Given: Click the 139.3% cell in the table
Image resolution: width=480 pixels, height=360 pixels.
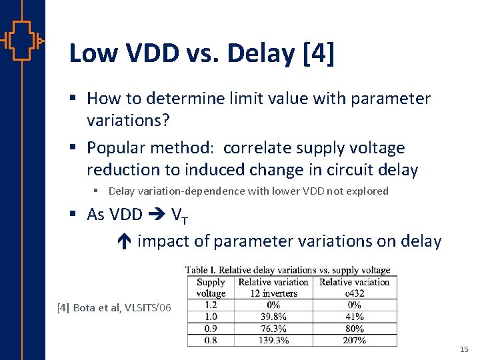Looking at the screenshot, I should [273, 340].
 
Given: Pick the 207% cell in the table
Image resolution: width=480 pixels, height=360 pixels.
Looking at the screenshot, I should [354, 340].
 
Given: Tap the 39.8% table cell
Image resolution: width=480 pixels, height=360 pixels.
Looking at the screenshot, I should [273, 317].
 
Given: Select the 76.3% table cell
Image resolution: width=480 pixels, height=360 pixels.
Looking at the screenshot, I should [273, 328].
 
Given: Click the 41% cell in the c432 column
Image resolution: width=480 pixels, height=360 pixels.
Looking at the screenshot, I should [354, 317].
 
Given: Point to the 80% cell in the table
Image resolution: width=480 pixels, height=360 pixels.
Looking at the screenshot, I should [354, 328].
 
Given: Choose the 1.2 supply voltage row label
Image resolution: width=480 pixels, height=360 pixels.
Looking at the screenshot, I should [211, 305].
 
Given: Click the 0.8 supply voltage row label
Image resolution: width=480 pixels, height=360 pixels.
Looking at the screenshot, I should [211, 340].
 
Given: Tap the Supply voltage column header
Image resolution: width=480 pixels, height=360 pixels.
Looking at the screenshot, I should [211, 287].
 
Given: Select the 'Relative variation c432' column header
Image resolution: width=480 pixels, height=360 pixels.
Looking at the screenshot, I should [354, 287].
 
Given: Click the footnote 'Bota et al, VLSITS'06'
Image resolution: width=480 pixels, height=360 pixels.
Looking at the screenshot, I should [114, 307].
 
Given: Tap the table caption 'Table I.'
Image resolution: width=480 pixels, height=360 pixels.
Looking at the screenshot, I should [201, 270].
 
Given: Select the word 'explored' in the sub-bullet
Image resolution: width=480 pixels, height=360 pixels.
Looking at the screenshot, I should [366, 191].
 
